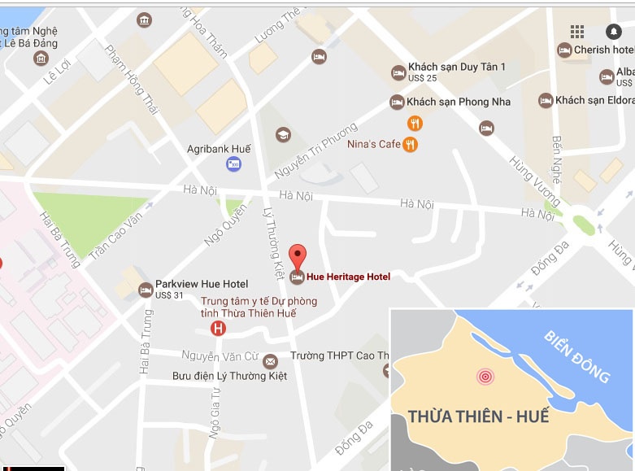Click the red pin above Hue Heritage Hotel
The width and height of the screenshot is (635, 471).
298,255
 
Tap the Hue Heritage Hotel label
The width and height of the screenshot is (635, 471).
349,277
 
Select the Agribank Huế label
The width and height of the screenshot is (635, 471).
219,149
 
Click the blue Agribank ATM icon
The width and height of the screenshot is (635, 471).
233,165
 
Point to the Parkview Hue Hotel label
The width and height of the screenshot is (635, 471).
202,284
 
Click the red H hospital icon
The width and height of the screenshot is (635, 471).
218,329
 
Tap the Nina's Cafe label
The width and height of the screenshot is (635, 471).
374,144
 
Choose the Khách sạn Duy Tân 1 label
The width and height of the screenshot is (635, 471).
457,67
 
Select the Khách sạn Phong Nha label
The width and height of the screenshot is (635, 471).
459,102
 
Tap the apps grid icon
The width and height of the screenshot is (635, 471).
577,32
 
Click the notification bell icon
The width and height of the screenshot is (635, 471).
613,32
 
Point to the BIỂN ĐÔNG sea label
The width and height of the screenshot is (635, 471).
577,356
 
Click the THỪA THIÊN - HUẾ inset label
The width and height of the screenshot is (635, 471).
479,417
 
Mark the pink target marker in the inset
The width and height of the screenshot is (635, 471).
485,377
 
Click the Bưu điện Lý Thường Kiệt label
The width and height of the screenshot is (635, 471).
230,376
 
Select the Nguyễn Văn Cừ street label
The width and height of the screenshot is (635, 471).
220,355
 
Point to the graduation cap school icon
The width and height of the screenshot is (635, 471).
283,134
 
